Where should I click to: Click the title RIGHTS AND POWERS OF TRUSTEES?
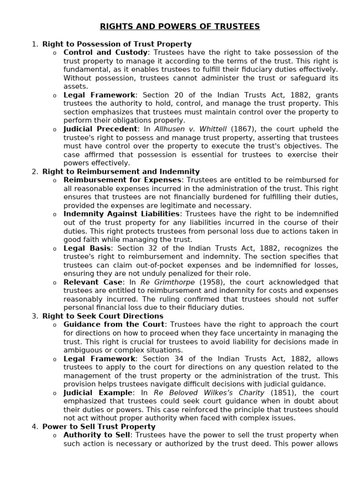point(180,27)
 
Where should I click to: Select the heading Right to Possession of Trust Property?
point(117,44)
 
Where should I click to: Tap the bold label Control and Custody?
point(105,52)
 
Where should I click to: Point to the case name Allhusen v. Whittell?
point(187,129)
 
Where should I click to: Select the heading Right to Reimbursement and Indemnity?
point(121,172)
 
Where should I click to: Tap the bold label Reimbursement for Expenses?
point(122,180)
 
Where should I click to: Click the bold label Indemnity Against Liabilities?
point(121,214)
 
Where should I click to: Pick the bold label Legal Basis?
point(87,248)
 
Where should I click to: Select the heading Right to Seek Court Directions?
point(110,316)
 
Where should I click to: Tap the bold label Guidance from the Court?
point(114,324)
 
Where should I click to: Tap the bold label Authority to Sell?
point(97,435)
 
